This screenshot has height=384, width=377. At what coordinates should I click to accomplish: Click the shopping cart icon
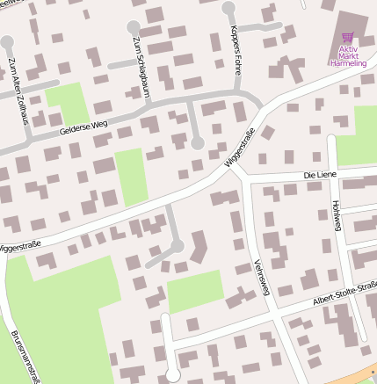coord(348,39)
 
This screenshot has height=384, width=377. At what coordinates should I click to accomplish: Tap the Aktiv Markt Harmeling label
coord(347,56)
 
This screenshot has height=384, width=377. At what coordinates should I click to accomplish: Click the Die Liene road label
coord(320,176)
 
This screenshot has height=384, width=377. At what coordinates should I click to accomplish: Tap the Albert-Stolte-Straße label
coord(344,293)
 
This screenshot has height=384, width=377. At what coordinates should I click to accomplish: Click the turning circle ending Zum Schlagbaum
coord(134,27)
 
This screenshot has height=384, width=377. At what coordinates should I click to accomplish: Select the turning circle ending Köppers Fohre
coord(229,9)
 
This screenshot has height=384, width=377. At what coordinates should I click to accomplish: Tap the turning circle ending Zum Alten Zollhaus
coord(7,42)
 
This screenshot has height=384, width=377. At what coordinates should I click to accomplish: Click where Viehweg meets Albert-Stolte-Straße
coord(278,309)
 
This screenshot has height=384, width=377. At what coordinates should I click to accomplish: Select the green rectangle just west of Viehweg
coord(195,291)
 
